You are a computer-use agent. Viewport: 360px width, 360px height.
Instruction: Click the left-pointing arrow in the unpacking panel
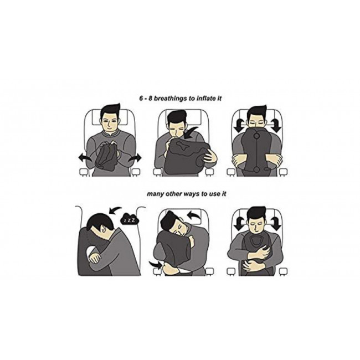point(85,158)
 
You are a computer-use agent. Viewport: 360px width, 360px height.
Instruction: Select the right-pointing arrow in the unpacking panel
point(135,158)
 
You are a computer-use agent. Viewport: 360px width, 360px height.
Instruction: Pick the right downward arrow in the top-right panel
point(275,125)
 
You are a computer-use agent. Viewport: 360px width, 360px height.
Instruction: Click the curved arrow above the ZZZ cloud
point(116,210)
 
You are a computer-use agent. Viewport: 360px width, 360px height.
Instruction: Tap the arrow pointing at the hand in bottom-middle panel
point(156,265)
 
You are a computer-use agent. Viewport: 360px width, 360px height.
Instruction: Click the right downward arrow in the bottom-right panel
point(275,223)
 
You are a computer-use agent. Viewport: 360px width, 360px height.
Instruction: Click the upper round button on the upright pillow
point(256,136)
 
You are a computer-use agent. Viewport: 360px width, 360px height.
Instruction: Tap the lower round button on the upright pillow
point(256,169)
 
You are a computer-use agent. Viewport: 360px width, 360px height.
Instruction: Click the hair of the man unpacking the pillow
point(111,111)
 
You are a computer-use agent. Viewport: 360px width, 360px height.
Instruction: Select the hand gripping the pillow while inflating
point(210,157)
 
